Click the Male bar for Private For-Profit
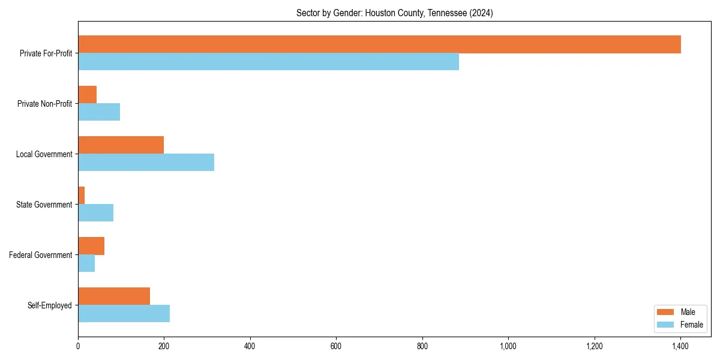click(379, 44)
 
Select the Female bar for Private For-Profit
click(268, 61)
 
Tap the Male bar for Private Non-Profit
click(88, 95)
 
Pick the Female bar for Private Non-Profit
click(99, 112)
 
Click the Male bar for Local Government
click(121, 145)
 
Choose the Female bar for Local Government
click(146, 162)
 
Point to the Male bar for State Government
click(82, 196)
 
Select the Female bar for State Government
click(95, 212)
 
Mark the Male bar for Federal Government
click(91, 246)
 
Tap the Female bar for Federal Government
click(86, 263)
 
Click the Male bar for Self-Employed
click(114, 296)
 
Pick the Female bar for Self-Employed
click(124, 313)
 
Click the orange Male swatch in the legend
click(666, 312)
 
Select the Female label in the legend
click(691, 325)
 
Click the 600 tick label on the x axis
click(336, 346)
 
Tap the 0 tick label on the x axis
click(78, 346)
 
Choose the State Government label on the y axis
click(44, 205)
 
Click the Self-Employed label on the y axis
click(50, 305)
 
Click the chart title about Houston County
click(394, 13)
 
